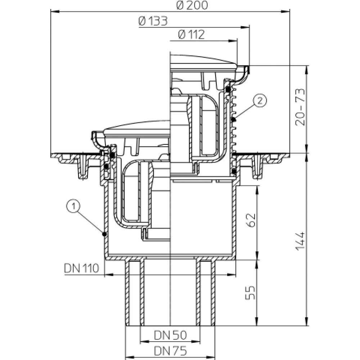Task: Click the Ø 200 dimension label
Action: pyautogui.click(x=192, y=5)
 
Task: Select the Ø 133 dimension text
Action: pyautogui.click(x=153, y=22)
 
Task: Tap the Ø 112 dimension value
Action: pyautogui.click(x=191, y=35)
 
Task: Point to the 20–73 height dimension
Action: pyautogui.click(x=300, y=107)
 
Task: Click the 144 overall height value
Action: pyautogui.click(x=300, y=241)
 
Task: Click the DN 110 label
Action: pyautogui.click(x=81, y=268)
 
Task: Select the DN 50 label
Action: pyautogui.click(x=170, y=335)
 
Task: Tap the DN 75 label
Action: pyautogui.click(x=170, y=351)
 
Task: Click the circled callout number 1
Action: pyautogui.click(x=73, y=206)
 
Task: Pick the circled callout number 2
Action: pyautogui.click(x=260, y=101)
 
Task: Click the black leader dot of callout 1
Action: pyautogui.click(x=104, y=234)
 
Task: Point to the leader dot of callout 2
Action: pyautogui.click(x=234, y=120)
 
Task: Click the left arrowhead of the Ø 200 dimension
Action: pyautogui.click(x=55, y=11)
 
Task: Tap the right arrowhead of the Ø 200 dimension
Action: pyautogui.click(x=285, y=11)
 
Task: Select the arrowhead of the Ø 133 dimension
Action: pyautogui.click(x=245, y=27)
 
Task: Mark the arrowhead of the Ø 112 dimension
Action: pyautogui.click(x=233, y=41)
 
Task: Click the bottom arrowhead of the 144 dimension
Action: pyautogui.click(x=307, y=321)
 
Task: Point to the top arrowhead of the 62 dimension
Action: pyautogui.click(x=257, y=190)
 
